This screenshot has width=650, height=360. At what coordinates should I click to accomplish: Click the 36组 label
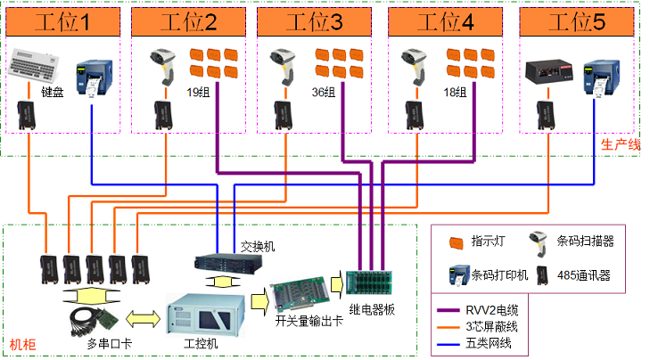pos(324,93)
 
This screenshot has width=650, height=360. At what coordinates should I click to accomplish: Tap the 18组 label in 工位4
pos(455,93)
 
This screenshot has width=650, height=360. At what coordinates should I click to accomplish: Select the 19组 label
pos(198,93)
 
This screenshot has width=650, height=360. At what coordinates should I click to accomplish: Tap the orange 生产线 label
pos(621,144)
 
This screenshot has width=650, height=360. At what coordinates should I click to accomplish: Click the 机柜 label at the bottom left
pos(21,344)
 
